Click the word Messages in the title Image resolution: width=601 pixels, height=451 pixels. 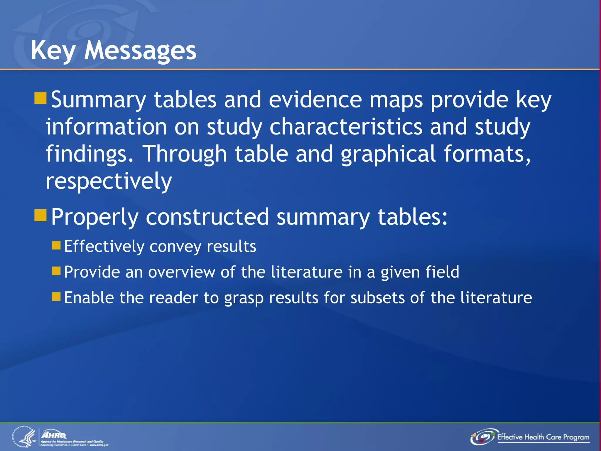tap(140, 51)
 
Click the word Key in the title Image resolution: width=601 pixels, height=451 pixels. tap(53, 51)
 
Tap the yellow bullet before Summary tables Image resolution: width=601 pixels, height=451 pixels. tap(40, 98)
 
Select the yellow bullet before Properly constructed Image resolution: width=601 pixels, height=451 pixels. tap(40, 215)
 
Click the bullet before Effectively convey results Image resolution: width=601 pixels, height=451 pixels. tap(56, 245)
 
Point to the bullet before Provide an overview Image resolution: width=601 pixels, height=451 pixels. tap(56, 271)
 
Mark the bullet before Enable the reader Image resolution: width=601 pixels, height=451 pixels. tap(56, 297)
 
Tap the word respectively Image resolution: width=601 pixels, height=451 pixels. tap(109, 181)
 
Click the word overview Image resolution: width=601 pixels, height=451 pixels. tap(182, 272)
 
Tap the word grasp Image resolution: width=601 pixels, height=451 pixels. tap(244, 298)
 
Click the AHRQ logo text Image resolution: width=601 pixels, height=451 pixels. tap(54, 435)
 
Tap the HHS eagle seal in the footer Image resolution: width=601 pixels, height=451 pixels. tap(24, 437)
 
